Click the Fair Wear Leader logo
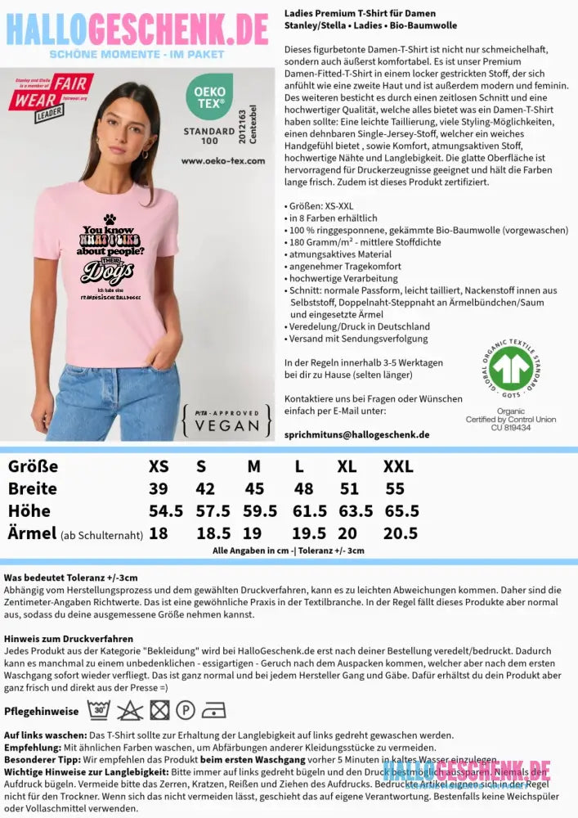tap(51, 97)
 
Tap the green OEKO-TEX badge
tap(210, 98)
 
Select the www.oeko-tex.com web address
tap(223, 161)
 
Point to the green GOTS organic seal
tap(511, 369)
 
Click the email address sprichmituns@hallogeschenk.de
tap(356, 434)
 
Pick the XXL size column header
tap(398, 467)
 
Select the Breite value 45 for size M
tap(254, 488)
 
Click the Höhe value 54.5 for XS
tap(166, 510)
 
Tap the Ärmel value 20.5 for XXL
tap(401, 533)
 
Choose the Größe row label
tap(33, 467)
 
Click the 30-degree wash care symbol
tap(99, 709)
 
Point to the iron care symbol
tap(213, 709)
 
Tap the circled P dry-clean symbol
tap(186, 709)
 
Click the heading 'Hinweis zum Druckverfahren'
tap(68, 638)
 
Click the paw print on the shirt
tap(110, 218)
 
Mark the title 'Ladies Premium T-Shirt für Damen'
tap(360, 14)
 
